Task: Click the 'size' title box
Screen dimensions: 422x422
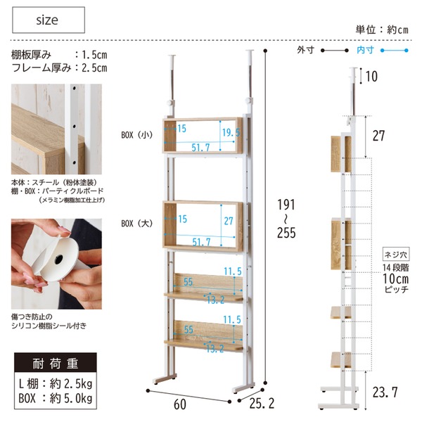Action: pyautogui.click(x=49, y=20)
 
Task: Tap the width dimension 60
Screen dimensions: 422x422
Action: pyautogui.click(x=180, y=404)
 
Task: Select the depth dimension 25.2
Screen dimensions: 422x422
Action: pyautogui.click(x=262, y=403)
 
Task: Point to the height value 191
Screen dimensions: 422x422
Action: pyautogui.click(x=286, y=205)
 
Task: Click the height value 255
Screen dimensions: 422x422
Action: pyautogui.click(x=286, y=233)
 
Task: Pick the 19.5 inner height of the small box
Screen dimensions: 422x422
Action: pyautogui.click(x=231, y=132)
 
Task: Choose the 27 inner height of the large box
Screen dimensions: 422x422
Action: pyautogui.click(x=229, y=221)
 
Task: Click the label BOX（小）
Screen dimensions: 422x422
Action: pyautogui.click(x=137, y=135)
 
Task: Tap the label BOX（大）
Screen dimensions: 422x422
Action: pyautogui.click(x=137, y=224)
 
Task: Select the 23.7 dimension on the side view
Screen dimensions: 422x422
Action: pyautogui.click(x=385, y=392)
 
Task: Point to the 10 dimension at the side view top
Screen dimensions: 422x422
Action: pyautogui.click(x=371, y=76)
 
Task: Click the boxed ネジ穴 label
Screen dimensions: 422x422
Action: pyautogui.click(x=396, y=254)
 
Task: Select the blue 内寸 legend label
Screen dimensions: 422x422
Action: pyautogui.click(x=365, y=50)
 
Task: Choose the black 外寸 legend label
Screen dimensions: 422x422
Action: pyautogui.click(x=305, y=50)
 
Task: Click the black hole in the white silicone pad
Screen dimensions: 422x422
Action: pyautogui.click(x=58, y=260)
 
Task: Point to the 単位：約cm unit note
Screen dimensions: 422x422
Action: pyautogui.click(x=382, y=30)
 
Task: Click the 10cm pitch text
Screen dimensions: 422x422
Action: pyautogui.click(x=395, y=279)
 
